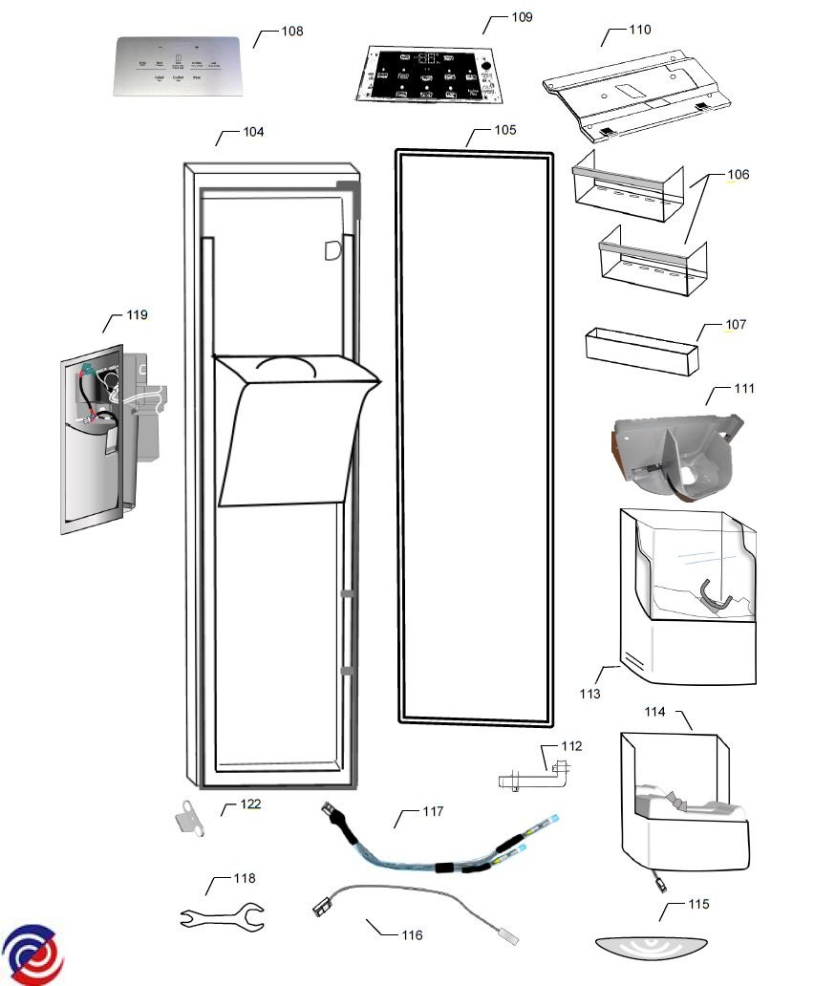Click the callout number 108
(292, 32)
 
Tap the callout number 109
(522, 18)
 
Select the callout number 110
(640, 30)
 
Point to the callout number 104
(253, 132)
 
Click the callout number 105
(504, 130)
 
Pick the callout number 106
(738, 175)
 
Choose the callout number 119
(138, 315)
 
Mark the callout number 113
(589, 694)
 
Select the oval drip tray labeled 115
(653, 949)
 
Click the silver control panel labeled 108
(178, 66)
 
